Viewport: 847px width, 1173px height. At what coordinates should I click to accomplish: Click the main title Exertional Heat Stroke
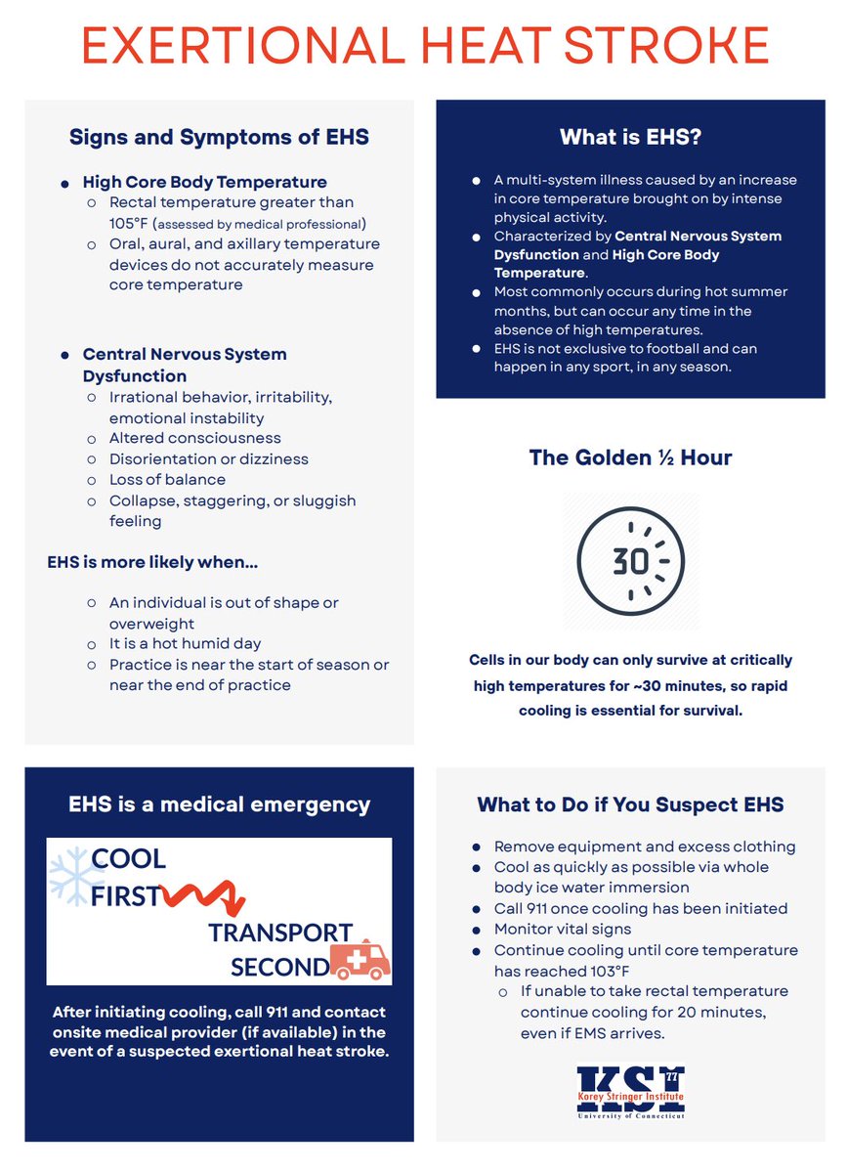[x=424, y=46]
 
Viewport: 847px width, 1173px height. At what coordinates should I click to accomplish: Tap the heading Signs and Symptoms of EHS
[x=219, y=137]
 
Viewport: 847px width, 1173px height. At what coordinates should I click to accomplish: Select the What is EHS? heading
[x=629, y=137]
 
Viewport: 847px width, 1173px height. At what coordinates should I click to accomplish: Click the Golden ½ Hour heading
[x=630, y=457]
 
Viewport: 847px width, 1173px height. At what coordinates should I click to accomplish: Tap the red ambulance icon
[x=360, y=960]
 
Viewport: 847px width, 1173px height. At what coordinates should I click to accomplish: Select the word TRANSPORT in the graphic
[x=280, y=933]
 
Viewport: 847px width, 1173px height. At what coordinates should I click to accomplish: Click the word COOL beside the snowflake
[x=129, y=859]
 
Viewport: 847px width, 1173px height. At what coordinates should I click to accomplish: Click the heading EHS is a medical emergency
[x=219, y=805]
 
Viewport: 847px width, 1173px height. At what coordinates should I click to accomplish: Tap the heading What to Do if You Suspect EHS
[x=630, y=805]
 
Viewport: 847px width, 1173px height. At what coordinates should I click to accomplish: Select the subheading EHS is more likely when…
[x=152, y=563]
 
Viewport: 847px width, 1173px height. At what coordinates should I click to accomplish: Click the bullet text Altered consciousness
[x=195, y=438]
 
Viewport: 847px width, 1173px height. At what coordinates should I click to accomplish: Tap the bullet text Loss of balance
[x=167, y=480]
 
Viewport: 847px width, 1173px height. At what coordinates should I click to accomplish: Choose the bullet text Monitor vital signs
[x=563, y=930]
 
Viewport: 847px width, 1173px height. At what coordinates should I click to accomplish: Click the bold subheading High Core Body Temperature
[x=204, y=182]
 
